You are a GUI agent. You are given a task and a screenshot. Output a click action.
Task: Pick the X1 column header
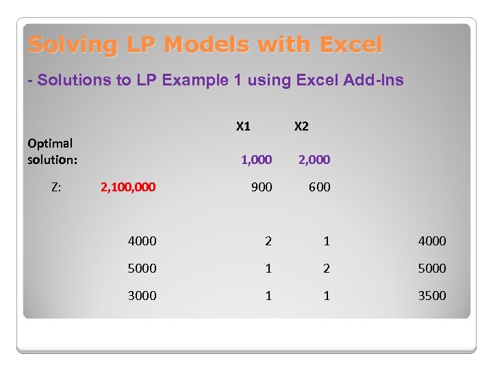click(x=243, y=126)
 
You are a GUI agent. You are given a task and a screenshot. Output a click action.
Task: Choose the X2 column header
click(x=301, y=126)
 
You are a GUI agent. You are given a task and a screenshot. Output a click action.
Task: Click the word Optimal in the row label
click(x=50, y=143)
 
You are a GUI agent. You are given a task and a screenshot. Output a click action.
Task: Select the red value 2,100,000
click(x=128, y=187)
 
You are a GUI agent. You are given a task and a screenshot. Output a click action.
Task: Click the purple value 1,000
click(x=256, y=160)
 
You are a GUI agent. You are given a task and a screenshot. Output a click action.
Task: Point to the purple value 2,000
click(x=314, y=160)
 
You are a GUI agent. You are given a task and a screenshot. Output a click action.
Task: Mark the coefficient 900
click(x=262, y=187)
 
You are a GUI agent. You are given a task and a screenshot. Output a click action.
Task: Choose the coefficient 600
click(x=319, y=187)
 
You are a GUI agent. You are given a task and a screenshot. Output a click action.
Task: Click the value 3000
click(x=142, y=295)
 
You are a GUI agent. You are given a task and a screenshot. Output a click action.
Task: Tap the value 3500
click(x=431, y=295)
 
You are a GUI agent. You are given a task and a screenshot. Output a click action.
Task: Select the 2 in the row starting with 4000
click(x=268, y=241)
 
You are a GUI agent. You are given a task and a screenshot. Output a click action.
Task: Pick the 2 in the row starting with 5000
click(x=327, y=268)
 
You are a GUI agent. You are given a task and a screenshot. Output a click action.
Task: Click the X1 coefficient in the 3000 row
click(x=268, y=295)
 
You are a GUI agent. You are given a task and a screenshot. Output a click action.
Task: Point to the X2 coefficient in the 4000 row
click(x=327, y=241)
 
